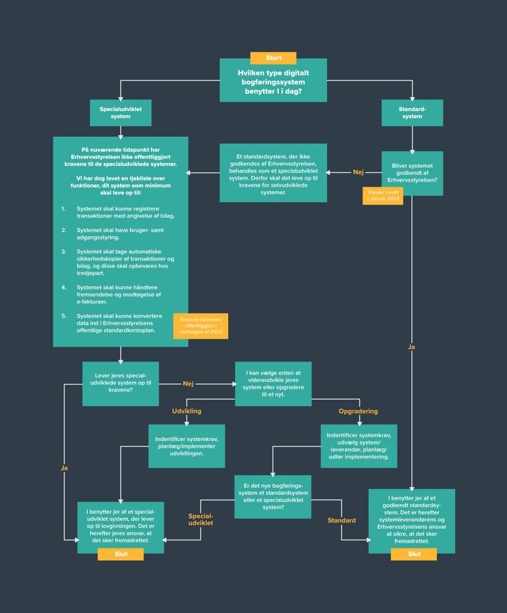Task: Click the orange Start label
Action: pos(273,58)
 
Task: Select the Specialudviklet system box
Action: pos(120,113)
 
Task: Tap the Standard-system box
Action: pos(412,113)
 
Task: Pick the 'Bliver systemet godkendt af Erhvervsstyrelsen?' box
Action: pos(412,173)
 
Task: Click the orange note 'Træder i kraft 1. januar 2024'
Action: pos(382,196)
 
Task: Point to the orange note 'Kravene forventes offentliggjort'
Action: pos(200,326)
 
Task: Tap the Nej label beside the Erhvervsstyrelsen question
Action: pos(358,172)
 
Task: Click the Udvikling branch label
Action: pos(186,411)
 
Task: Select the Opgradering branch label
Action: pos(358,411)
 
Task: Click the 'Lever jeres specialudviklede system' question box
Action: pos(120,384)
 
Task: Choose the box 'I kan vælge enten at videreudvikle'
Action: pos(273,384)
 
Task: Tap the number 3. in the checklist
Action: pos(63,251)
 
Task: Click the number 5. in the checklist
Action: pos(63,315)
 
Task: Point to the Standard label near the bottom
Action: pos(341,521)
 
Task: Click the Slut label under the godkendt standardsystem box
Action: pos(414,554)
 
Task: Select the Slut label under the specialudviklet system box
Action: pos(120,554)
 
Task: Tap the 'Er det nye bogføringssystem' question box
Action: pos(273,497)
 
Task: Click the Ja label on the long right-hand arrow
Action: pos(412,347)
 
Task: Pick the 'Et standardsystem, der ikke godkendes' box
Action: pos(273,173)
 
